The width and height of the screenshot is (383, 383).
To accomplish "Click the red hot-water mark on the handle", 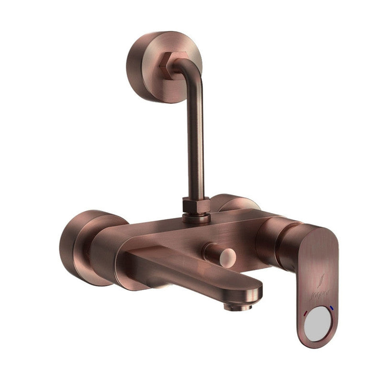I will tap(306, 313).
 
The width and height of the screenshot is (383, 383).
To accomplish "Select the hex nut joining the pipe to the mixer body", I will tap(196, 206).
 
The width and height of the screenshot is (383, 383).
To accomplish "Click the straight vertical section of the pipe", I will tap(196, 144).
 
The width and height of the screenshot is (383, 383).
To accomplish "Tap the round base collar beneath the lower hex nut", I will tap(196, 218).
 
